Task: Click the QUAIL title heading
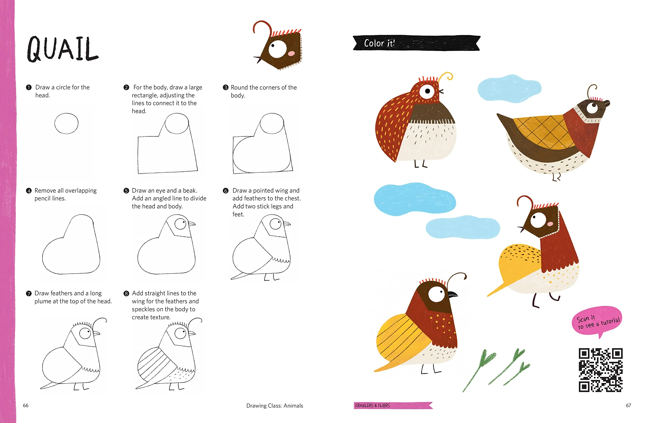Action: click(x=62, y=49)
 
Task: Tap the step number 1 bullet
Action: click(x=28, y=87)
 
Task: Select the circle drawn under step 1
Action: click(x=66, y=123)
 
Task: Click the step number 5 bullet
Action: click(x=126, y=191)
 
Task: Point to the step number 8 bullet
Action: click(x=126, y=293)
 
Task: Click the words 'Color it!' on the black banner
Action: click(x=379, y=43)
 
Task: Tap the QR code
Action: click(x=601, y=370)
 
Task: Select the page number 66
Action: click(x=26, y=405)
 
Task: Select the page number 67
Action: click(x=628, y=405)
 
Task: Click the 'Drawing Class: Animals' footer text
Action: click(x=275, y=406)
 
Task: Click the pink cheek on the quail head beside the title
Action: click(x=291, y=53)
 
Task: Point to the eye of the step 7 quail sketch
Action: click(x=85, y=334)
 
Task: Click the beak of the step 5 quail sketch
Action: click(x=191, y=224)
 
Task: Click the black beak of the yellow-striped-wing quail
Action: click(x=453, y=294)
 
